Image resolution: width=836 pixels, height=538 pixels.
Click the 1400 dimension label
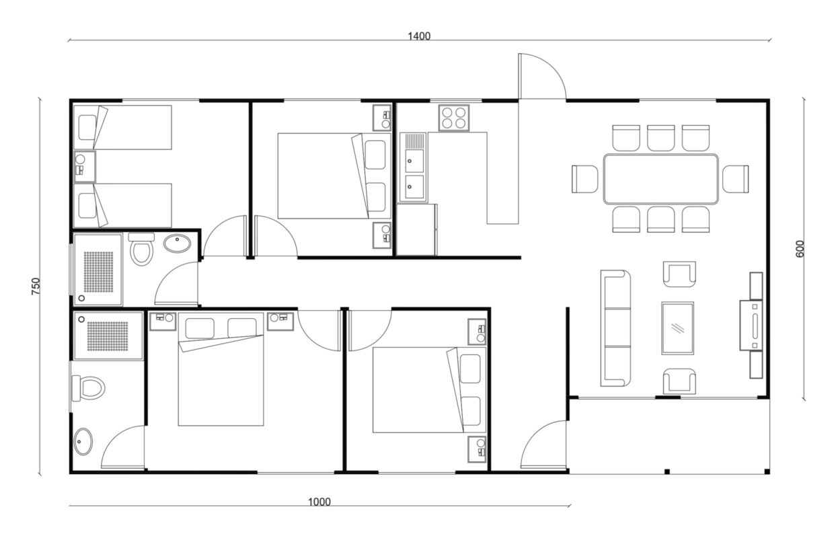click(x=419, y=36)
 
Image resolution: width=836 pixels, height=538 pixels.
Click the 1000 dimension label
click(x=319, y=502)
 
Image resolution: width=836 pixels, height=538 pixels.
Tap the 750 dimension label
click(x=36, y=286)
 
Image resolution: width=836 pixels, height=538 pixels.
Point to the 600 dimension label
click(x=800, y=249)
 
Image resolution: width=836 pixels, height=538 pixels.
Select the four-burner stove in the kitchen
click(x=454, y=118)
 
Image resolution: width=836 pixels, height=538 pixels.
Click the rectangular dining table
click(x=661, y=179)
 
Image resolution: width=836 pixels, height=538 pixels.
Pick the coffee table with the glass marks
click(x=678, y=328)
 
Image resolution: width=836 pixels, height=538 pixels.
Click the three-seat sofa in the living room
click(x=615, y=328)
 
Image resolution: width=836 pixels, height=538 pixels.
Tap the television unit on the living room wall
click(x=751, y=325)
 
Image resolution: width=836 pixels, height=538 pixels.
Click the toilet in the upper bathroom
click(x=141, y=249)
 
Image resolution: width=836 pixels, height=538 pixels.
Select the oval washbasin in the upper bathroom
click(x=178, y=244)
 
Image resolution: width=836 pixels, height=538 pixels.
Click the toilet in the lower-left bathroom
click(x=88, y=388)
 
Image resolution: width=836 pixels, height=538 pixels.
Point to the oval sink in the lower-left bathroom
click(x=83, y=442)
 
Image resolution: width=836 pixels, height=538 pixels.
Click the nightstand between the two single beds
click(x=85, y=166)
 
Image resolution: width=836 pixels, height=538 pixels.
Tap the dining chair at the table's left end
click(x=585, y=179)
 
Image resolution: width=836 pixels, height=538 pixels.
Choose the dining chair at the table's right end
click(x=736, y=179)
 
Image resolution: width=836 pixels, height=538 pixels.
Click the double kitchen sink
click(x=414, y=167)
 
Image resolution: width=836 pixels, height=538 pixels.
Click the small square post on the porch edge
click(x=667, y=471)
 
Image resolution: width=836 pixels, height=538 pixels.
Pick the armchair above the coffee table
click(x=679, y=274)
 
